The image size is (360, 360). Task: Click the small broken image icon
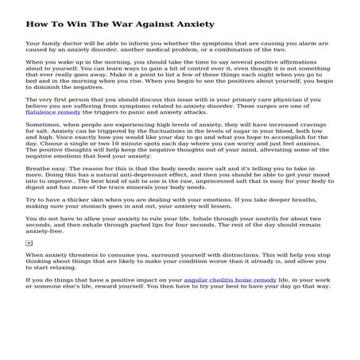(x=29, y=242)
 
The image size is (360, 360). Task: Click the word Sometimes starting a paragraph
(x=44, y=127)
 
